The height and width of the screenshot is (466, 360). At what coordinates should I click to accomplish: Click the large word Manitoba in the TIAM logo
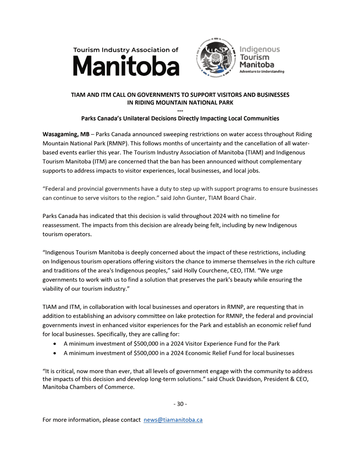tap(126, 67)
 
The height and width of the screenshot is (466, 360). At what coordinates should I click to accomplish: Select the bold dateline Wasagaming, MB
tap(66, 134)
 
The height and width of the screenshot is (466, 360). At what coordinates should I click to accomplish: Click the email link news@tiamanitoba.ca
tap(173, 420)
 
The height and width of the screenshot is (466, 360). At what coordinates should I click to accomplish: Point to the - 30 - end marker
tap(180, 404)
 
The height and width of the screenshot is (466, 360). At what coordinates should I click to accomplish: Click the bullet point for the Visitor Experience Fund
tap(55, 344)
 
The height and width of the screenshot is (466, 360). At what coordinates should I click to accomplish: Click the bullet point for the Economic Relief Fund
tap(55, 353)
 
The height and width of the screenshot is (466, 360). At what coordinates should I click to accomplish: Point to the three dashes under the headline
tap(180, 111)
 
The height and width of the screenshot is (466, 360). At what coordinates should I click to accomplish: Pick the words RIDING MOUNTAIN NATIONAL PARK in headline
tap(180, 102)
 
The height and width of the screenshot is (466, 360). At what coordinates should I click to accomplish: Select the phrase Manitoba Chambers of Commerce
tap(89, 387)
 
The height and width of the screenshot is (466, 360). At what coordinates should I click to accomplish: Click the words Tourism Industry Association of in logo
tap(126, 50)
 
